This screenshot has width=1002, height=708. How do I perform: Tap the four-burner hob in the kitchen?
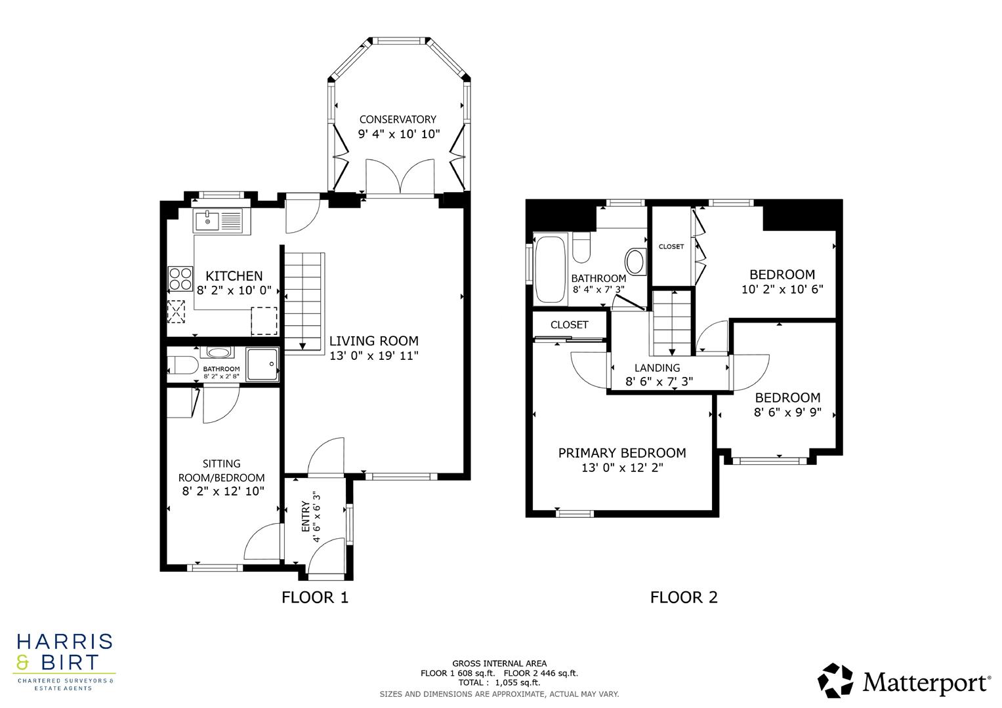point(180,279)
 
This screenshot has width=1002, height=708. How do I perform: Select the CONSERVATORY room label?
point(397,119)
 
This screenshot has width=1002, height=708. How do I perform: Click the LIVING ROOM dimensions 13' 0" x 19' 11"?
point(373,356)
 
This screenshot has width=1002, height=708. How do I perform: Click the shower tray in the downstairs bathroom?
point(262,364)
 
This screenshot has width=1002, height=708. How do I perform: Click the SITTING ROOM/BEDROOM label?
point(223,471)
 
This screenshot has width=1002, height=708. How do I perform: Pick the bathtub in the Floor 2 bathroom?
point(550,269)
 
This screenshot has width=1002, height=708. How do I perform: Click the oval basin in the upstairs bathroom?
point(635,262)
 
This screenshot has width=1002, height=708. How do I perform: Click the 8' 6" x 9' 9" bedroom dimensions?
point(787,413)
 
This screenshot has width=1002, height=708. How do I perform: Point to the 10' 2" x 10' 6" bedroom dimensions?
point(782,289)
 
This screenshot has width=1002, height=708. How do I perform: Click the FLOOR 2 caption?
point(684,597)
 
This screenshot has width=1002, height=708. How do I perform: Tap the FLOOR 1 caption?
point(315,597)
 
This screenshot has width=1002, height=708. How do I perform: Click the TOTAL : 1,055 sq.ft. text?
point(499,682)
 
